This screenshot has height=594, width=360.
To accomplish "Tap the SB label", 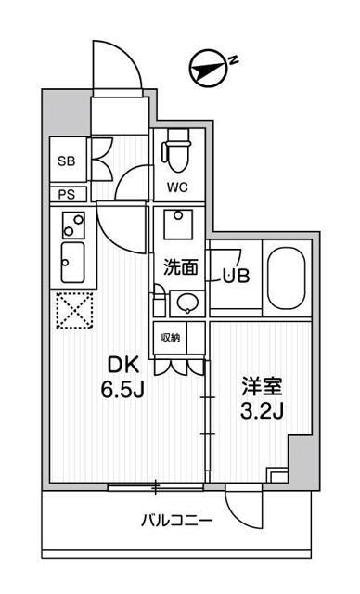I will (66, 161).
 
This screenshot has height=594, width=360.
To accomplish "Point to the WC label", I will (177, 187).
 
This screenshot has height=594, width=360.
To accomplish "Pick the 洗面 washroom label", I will (180, 268).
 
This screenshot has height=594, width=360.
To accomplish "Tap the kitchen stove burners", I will (71, 223).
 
